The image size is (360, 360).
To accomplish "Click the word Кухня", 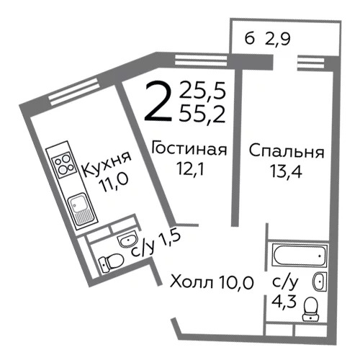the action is [x=107, y=163].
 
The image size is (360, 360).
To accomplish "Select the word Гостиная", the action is [x=189, y=148].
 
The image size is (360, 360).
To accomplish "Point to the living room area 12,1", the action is [x=190, y=168].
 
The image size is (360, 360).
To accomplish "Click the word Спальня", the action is [x=287, y=151].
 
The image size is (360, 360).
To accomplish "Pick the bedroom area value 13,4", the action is [x=286, y=171].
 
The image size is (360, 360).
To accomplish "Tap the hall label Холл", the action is [x=192, y=282].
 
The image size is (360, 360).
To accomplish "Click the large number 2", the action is [x=158, y=101].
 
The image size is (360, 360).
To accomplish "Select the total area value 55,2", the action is [x=202, y=114].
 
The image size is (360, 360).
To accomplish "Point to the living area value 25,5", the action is [x=202, y=91].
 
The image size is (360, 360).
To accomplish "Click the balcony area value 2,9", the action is [x=278, y=39].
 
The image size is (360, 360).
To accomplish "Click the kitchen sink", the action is [x=81, y=209].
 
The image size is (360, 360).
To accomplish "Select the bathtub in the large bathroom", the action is [x=300, y=256].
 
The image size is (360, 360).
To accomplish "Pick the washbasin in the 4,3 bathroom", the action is [x=320, y=282].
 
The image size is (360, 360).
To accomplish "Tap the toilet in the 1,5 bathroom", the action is [x=111, y=262].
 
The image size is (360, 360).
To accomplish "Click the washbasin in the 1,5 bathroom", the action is [x=128, y=239].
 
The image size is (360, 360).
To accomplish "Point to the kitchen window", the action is [x=74, y=92].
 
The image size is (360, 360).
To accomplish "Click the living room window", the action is [x=201, y=60].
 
